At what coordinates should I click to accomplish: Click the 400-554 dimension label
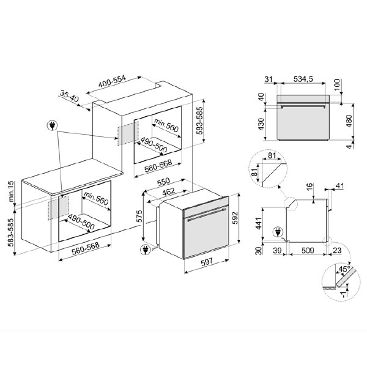coord(112,81)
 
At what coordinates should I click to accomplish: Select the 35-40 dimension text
coord(69,96)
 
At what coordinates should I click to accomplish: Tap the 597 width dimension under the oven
coord(207,262)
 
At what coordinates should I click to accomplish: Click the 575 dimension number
coord(139,217)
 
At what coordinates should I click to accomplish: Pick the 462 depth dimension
coord(169,192)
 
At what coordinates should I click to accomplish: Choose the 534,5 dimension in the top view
coord(303,79)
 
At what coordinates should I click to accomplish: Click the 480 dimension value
coord(349,120)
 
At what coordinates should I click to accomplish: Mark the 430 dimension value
coord(261,124)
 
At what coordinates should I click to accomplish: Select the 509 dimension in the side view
coord(308,251)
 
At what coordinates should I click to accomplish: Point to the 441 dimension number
coord(259,223)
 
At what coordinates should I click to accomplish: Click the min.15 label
coord(11,191)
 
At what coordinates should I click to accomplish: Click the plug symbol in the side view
coord(278,232)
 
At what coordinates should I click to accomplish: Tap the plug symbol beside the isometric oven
coord(145,250)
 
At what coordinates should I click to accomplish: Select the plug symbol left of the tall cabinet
coord(53,126)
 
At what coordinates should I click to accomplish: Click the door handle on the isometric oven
coord(206,214)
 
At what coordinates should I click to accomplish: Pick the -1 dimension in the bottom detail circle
coord(344,295)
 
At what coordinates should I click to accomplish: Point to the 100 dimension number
coord(336,86)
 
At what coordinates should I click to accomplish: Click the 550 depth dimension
coord(163,182)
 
